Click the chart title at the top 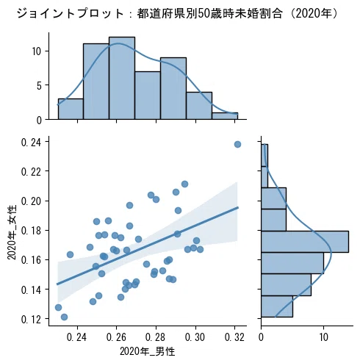tap(177, 13)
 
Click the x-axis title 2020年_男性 tap(147, 351)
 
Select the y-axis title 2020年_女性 tap(12, 232)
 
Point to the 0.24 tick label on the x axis tap(76, 337)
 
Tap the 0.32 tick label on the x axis tap(234, 337)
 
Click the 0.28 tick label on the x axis tap(156, 337)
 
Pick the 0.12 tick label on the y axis tap(31, 320)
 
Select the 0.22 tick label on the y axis tap(31, 172)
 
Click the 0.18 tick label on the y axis tap(31, 231)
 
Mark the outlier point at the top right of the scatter tap(237, 144)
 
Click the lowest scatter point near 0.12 tap(64, 317)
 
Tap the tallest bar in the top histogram tap(122, 78)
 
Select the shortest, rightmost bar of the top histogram tap(225, 116)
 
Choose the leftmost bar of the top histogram tap(71, 109)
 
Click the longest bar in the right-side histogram tap(305, 242)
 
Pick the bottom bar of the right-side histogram tap(277, 306)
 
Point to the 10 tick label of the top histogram tap(37, 51)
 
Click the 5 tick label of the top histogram tap(39, 86)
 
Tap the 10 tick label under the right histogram tap(323, 337)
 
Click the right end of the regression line tap(238, 207)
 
